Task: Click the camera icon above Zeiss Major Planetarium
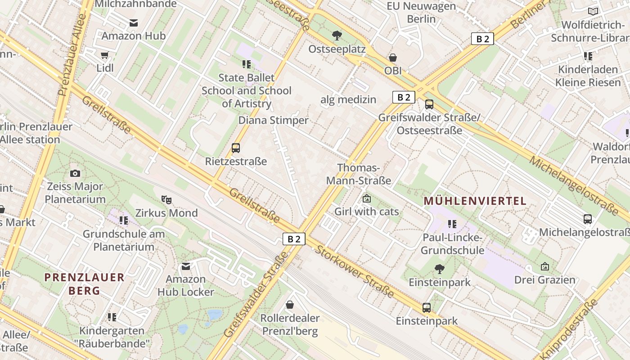click(x=75, y=173)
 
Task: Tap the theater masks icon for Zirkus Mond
click(x=166, y=199)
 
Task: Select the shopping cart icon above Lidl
click(x=105, y=55)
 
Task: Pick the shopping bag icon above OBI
click(x=393, y=58)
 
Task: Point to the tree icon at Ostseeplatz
click(x=337, y=35)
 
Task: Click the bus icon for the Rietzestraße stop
click(x=235, y=148)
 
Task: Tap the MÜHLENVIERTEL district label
click(x=475, y=201)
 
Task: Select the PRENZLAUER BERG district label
click(x=84, y=284)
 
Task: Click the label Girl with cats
click(x=366, y=211)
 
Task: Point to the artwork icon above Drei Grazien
click(x=544, y=266)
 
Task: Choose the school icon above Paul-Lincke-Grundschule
click(x=452, y=224)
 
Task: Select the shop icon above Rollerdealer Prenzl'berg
click(x=290, y=305)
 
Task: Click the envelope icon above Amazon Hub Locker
click(x=186, y=266)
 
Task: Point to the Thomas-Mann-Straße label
click(x=358, y=174)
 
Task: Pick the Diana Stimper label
click(x=273, y=120)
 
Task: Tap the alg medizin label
click(x=348, y=99)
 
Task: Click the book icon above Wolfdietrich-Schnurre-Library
click(x=593, y=11)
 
